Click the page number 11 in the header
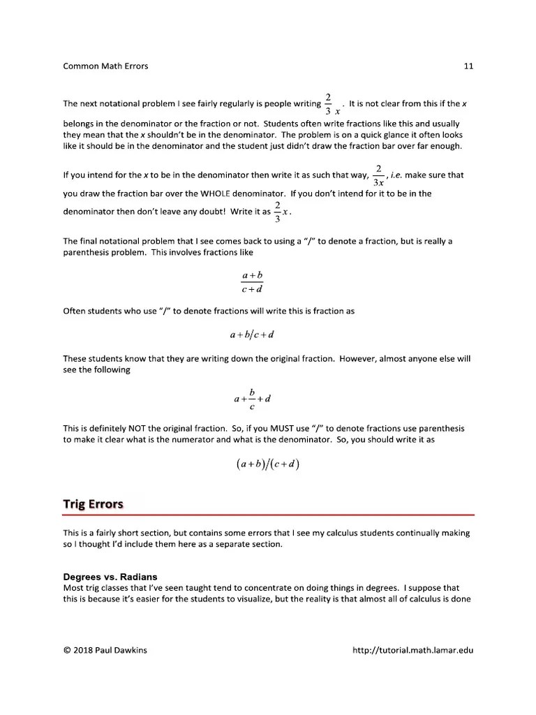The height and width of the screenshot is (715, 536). pos(468,66)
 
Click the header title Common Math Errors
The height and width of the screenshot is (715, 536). pos(105,66)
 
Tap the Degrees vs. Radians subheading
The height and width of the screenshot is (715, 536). pos(110,577)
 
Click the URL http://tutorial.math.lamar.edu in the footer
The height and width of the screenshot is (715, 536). pos(414,651)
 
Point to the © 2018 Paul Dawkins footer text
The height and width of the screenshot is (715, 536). pos(106,651)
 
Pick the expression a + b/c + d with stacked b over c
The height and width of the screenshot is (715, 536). pos(252,399)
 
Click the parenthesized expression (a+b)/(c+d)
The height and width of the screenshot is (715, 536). pos(268,464)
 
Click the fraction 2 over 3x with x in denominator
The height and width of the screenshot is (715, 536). pos(378,175)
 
